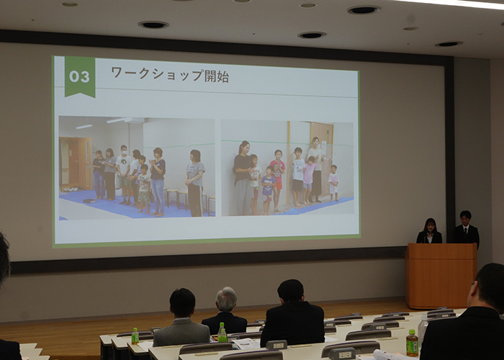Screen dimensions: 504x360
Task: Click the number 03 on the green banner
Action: click(x=79, y=77)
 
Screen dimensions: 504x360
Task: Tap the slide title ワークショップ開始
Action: click(x=170, y=75)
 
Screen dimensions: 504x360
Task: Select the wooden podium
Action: click(x=441, y=276)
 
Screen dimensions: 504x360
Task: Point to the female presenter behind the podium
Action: click(x=429, y=231)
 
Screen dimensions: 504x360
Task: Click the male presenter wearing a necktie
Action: click(x=466, y=228)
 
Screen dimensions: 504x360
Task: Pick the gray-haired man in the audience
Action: click(x=225, y=312)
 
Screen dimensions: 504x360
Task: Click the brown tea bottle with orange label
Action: click(x=412, y=343)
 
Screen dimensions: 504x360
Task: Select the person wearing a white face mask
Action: click(x=124, y=174)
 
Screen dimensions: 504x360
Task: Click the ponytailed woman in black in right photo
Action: click(x=243, y=178)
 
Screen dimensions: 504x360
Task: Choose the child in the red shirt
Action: click(x=277, y=180)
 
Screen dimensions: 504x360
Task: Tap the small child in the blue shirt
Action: click(x=268, y=189)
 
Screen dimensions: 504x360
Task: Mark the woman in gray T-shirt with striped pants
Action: click(x=195, y=183)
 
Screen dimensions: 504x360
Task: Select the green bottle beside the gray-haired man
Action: click(x=222, y=333)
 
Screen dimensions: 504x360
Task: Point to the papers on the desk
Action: click(x=246, y=343)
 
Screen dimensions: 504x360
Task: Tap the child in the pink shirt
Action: click(x=309, y=180)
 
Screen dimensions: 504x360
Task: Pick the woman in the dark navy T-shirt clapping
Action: click(x=158, y=181)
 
